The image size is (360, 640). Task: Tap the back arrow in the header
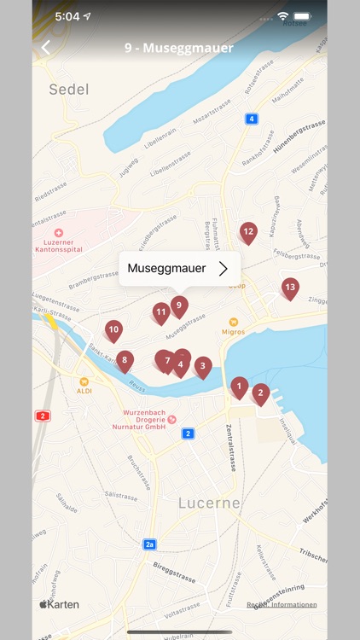46,48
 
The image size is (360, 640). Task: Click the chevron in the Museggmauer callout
224,269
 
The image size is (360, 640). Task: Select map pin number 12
248,231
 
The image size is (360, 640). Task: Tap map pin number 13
290,288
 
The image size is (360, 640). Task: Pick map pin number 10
113,330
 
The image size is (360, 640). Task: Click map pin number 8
125,361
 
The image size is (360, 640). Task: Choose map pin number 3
202,366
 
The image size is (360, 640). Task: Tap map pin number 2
261,393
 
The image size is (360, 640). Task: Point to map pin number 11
161,313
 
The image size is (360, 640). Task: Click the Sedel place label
68,89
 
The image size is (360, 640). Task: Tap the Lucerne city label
210,503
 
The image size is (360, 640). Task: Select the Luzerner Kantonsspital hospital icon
58,232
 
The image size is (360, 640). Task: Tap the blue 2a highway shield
150,544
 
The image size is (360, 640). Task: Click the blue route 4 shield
251,119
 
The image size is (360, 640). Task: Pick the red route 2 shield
42,416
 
